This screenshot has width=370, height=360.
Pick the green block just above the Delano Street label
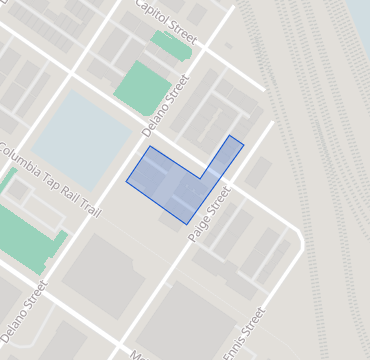point(140,86)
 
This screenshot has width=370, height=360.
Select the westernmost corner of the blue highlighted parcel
point(126,182)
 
